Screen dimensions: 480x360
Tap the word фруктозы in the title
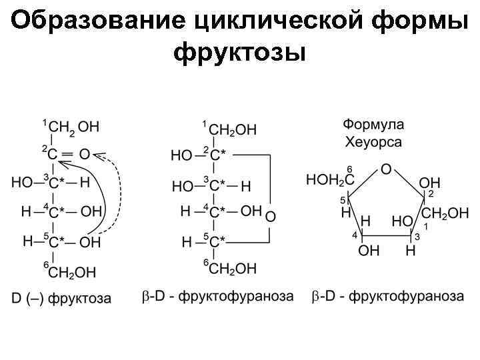(239, 52)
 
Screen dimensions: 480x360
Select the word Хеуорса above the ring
(373, 141)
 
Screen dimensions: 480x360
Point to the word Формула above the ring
(373, 125)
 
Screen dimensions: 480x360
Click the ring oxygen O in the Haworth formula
(386, 170)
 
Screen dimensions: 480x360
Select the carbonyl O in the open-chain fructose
(85, 154)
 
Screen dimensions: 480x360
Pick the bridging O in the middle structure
(270, 216)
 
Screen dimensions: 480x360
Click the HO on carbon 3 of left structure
(21, 181)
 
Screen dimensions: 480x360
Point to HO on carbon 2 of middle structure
(181, 155)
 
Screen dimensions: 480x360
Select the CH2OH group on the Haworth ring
(445, 214)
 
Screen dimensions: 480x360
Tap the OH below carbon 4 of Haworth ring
(368, 251)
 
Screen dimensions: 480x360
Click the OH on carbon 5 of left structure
(91, 241)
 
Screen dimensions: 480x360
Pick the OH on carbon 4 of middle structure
(251, 211)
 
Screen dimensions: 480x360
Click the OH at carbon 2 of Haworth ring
(430, 182)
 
